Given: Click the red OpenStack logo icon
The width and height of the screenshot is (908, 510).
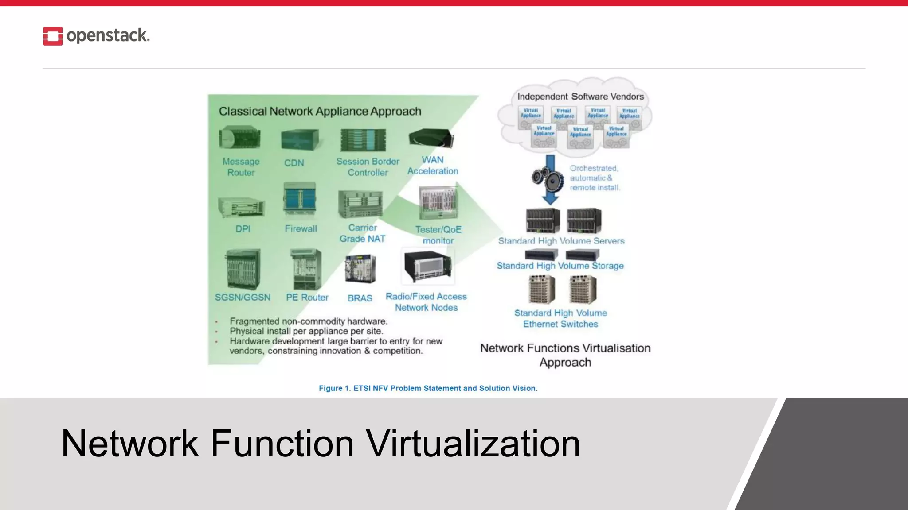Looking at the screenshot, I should click(53, 36).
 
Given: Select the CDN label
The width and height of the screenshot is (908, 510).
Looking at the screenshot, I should click(294, 163).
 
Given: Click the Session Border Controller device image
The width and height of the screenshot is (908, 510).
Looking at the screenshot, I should click(363, 140).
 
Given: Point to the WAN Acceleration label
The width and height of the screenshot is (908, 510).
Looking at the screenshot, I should click(433, 166).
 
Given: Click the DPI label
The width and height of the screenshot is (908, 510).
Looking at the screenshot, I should click(243, 229).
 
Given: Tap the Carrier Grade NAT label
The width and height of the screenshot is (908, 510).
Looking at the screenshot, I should click(362, 233).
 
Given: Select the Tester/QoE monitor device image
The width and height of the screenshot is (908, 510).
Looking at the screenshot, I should click(438, 203).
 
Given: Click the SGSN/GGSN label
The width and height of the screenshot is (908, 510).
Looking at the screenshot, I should click(243, 297).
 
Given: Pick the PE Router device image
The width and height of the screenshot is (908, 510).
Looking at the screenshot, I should click(306, 269).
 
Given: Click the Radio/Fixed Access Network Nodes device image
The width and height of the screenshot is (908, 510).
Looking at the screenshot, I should click(428, 266).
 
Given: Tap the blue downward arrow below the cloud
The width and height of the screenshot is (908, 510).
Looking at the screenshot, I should click(550, 179).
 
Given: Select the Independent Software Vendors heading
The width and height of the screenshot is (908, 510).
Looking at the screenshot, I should click(580, 97).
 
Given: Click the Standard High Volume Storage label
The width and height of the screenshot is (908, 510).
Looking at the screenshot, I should click(560, 266).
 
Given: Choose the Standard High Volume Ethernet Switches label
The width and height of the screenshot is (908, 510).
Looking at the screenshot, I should click(560, 318).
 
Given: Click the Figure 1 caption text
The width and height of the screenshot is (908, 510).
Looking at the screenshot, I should click(428, 388).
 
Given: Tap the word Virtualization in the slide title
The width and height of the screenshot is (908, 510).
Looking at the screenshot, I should click(473, 444).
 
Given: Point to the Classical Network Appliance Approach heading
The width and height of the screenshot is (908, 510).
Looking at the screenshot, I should click(320, 111).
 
